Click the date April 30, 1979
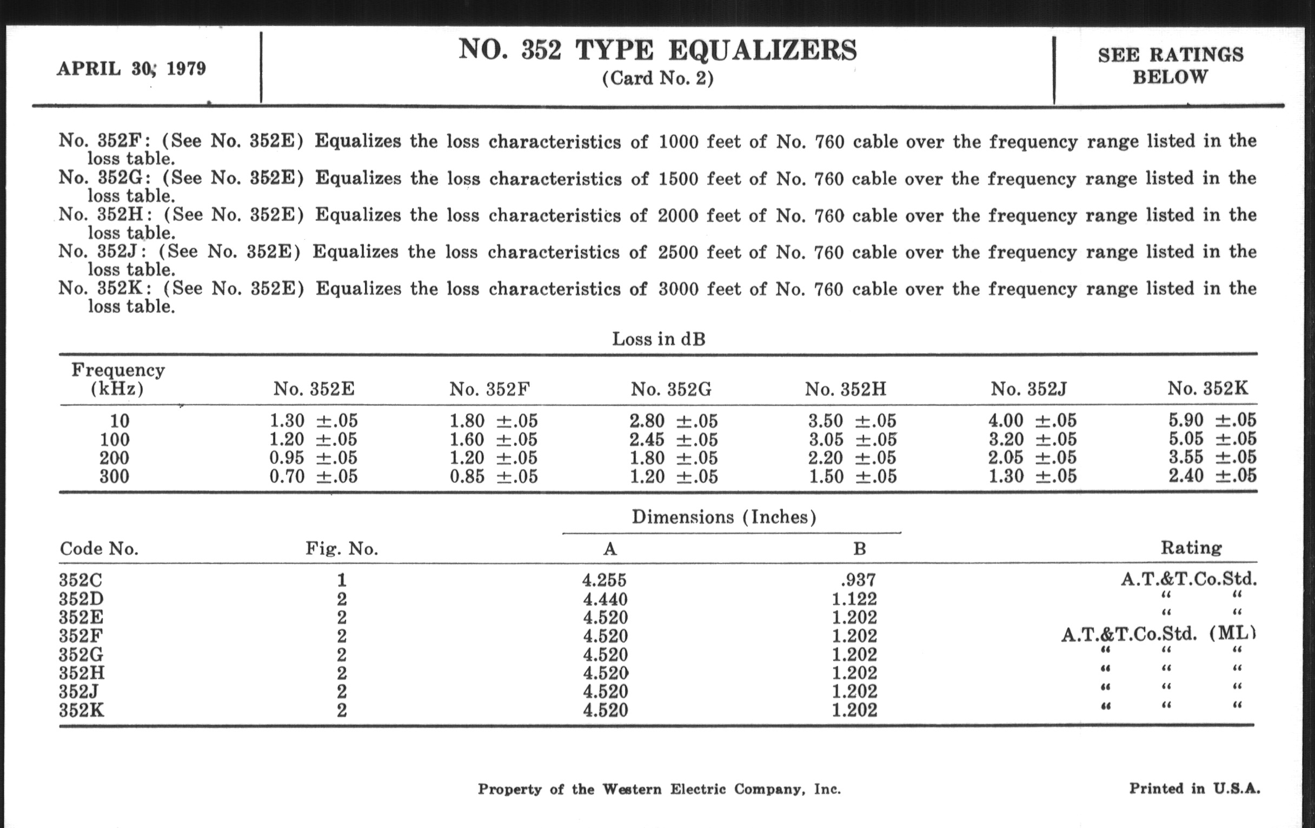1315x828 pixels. point(131,69)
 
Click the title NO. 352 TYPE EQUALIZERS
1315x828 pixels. point(657,50)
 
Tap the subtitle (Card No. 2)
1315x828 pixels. point(657,78)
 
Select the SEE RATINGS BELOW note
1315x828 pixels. point(1170,65)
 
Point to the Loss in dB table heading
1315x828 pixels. point(659,339)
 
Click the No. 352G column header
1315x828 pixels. point(671,389)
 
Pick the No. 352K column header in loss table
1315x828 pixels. point(1207,389)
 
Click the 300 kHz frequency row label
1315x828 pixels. point(114,477)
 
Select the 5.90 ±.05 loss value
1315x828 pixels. point(1212,420)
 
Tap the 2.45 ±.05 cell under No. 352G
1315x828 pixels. point(673,439)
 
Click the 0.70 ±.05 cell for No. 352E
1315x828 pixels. point(314,477)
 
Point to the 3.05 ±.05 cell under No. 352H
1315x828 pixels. point(852,439)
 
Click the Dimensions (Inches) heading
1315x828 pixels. point(723,517)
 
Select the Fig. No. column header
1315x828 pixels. point(342,548)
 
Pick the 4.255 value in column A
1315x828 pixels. point(604,580)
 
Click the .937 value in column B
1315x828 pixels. point(859,580)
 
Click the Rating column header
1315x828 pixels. point(1191,548)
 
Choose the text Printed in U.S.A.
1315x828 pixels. point(1194,788)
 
